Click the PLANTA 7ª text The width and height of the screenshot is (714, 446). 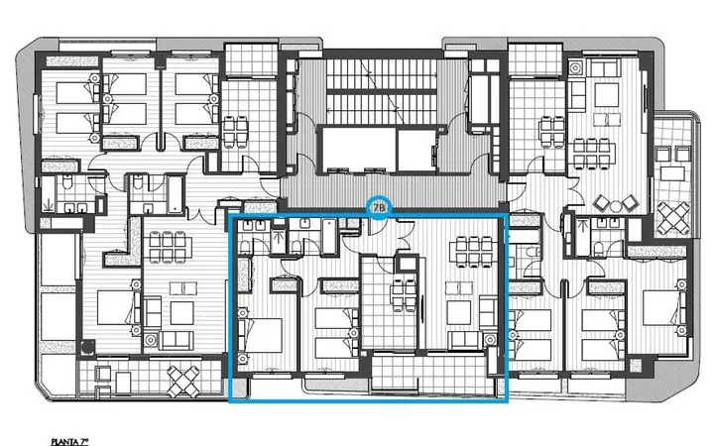click(69, 441)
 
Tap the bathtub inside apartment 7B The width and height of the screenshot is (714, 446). click(329, 236)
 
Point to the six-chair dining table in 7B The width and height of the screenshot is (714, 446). click(474, 251)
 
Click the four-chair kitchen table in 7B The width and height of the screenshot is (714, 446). click(405, 296)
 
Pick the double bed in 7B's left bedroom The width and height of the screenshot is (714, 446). click(261, 335)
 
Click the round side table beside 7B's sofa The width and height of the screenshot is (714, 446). click(490, 340)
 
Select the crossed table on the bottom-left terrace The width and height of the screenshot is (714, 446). click(183, 382)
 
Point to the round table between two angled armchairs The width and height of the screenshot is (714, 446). click(616, 206)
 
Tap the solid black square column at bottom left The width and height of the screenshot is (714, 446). click(87, 348)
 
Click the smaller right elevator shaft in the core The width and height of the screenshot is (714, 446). click(416, 151)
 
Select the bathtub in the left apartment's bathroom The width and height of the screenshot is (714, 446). click(175, 195)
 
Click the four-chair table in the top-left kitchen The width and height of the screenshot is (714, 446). click(235, 132)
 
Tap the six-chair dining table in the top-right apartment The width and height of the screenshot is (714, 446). click(591, 155)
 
